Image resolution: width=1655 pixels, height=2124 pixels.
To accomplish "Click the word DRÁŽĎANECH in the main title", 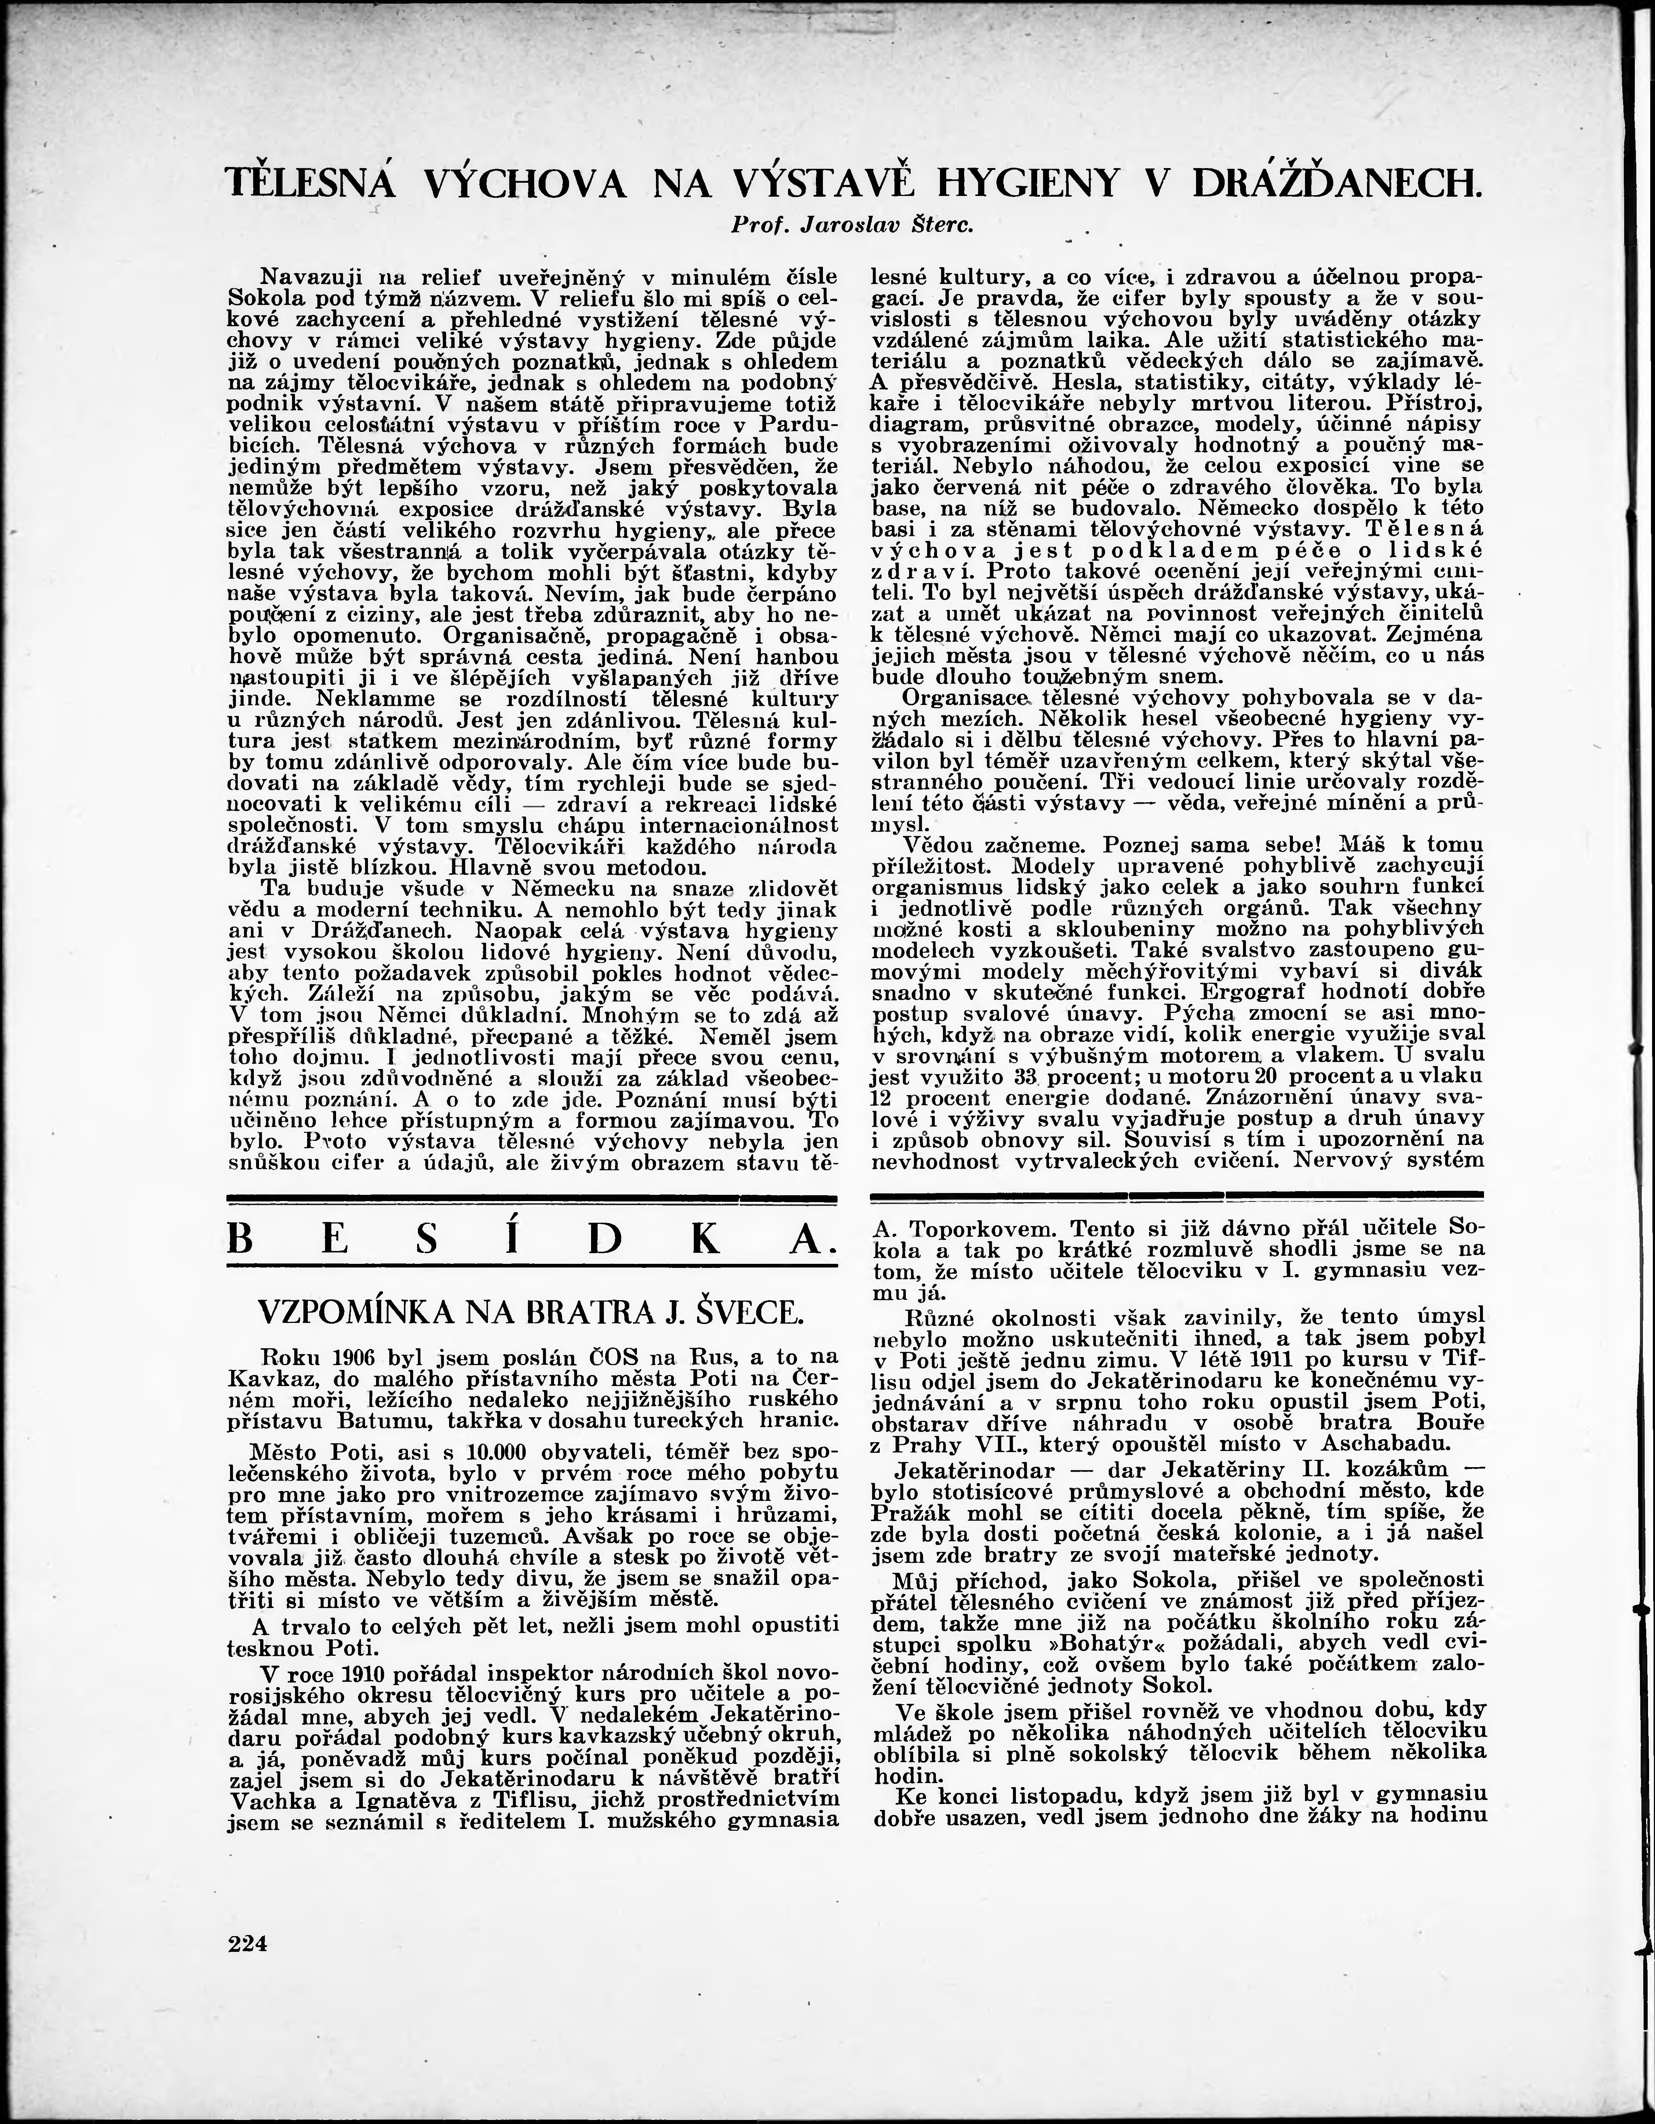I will [1336, 184].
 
